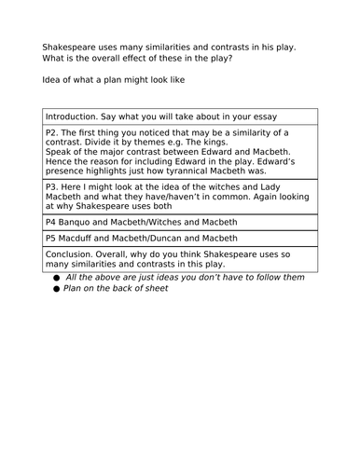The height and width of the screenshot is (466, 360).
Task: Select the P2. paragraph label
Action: click(x=53, y=134)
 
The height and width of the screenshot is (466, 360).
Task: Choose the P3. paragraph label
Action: click(x=53, y=186)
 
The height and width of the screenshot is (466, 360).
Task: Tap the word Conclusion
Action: click(x=73, y=254)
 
